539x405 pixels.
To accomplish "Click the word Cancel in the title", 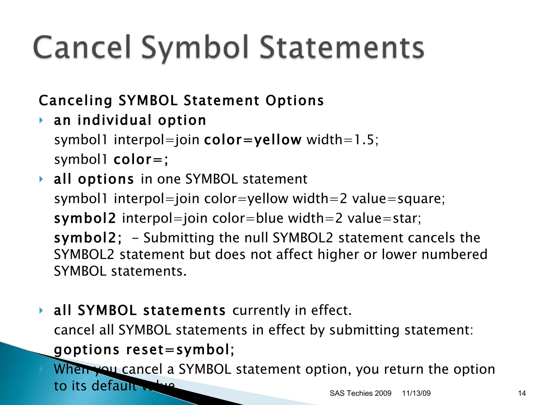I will point(82,47).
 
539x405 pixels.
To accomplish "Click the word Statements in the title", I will point(342,47).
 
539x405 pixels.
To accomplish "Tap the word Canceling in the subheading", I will point(76,101).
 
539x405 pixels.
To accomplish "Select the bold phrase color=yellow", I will point(252,140).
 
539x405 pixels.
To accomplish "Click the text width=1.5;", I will point(342,140).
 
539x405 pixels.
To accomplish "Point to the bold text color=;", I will point(141,160).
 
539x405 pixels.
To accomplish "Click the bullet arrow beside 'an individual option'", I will point(41,120).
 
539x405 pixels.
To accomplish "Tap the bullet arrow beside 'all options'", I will point(41,179).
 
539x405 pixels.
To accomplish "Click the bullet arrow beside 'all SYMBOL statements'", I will point(41,310).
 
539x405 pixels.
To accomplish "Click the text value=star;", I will point(384,218).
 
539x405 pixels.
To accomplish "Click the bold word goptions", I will point(87,350).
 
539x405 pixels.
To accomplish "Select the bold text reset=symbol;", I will point(180,350).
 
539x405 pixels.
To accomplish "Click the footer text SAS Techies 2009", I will point(360,393).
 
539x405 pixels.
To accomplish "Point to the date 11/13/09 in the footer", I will point(416,393).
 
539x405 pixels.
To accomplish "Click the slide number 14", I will point(522,393).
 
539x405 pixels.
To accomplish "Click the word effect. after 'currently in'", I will point(331,310).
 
